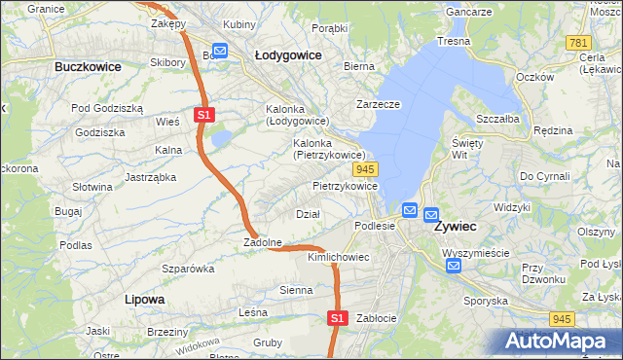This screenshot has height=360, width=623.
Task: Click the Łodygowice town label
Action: coord(287,55)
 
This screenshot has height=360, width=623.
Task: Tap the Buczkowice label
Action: coord(88,67)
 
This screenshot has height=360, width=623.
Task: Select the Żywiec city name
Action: coord(455,226)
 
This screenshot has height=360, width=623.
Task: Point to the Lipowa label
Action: coord(144,299)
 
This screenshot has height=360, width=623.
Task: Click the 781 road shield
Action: coord(579,43)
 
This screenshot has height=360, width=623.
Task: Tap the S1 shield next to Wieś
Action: coord(202,115)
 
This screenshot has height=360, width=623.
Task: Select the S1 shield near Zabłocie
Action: coord(337,317)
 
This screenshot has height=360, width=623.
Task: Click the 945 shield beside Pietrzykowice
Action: coord(381,169)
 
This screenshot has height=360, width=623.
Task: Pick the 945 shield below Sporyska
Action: coord(560,318)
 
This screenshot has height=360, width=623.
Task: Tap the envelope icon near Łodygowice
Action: coord(220,51)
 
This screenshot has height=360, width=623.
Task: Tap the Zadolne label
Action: coord(263,242)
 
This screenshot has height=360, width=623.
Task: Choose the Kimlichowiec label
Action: coord(338,257)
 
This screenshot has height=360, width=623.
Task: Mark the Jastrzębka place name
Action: coord(150,177)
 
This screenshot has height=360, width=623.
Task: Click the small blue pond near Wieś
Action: coord(221,139)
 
